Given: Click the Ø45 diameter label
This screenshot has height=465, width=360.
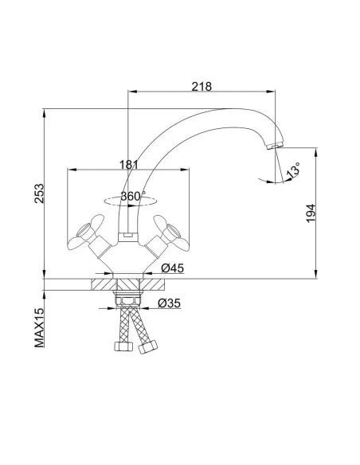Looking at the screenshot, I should pos(174,268).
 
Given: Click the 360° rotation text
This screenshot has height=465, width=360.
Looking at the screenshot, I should pos(131,196).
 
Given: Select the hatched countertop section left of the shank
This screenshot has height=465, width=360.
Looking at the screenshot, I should pos(103,282).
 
